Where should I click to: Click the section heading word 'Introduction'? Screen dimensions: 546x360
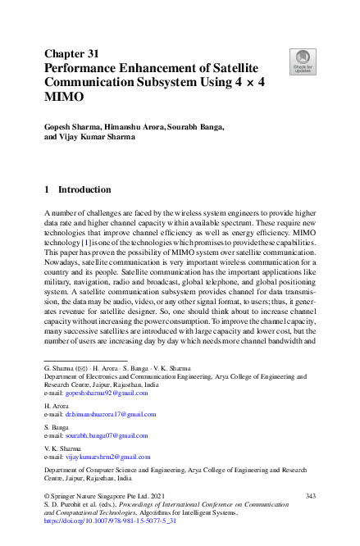(x=84, y=189)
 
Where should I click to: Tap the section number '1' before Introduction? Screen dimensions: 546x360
(x=47, y=189)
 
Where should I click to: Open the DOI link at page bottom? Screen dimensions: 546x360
(x=110, y=520)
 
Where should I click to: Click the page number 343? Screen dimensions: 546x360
(x=310, y=497)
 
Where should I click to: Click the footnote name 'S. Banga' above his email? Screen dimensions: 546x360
(x=56, y=429)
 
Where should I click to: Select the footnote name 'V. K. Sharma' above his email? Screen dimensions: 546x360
(x=62, y=448)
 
